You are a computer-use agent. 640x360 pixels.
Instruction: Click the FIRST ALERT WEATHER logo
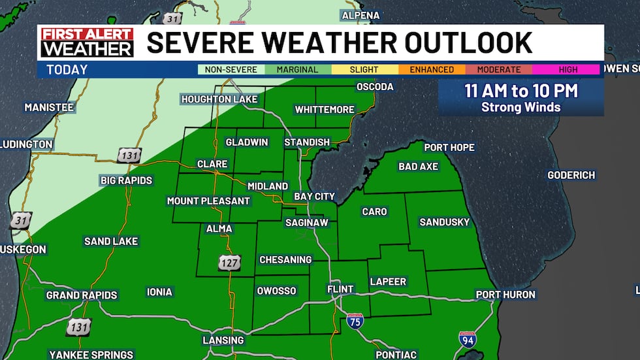[87, 42]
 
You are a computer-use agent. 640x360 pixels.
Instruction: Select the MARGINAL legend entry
[298, 70]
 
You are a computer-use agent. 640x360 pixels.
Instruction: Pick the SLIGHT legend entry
[364, 70]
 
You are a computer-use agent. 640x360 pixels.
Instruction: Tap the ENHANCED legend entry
[432, 70]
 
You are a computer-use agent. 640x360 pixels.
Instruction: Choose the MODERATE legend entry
[499, 70]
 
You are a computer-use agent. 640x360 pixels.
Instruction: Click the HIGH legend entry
[566, 70]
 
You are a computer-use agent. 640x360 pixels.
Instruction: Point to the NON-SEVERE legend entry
[231, 70]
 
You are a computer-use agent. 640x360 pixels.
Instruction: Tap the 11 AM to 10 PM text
[521, 91]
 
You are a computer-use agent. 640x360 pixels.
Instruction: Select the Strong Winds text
[521, 107]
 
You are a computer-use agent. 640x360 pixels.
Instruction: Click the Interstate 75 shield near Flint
[355, 320]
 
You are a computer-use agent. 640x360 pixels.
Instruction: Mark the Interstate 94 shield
[468, 339]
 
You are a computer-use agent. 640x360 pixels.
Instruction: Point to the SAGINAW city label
[306, 223]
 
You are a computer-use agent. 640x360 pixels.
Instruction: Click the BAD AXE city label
[418, 167]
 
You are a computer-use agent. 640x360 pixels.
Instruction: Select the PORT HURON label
[505, 295]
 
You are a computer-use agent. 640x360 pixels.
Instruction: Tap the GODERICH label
[571, 175]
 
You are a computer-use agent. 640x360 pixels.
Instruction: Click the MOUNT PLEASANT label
[208, 201]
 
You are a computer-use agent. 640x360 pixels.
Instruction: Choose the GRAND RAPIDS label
[82, 295]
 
